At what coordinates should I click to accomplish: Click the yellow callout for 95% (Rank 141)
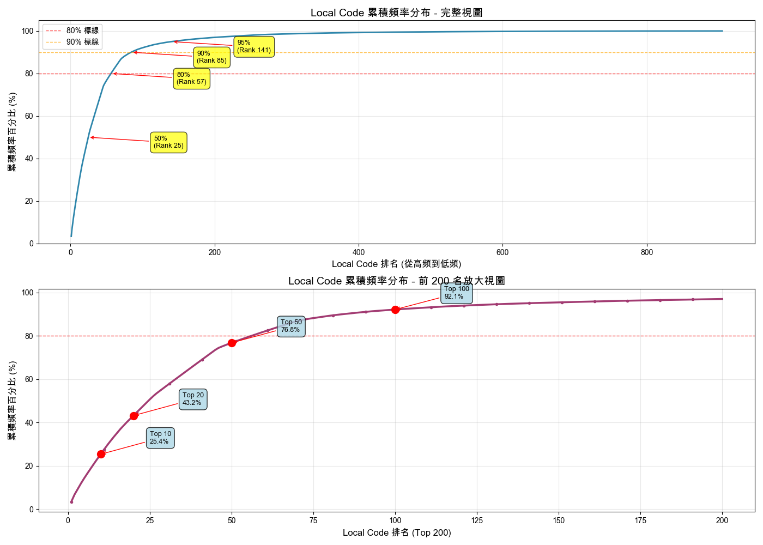pos(254,47)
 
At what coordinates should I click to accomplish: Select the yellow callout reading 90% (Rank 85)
pos(212,57)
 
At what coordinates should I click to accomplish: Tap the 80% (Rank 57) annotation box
pos(192,78)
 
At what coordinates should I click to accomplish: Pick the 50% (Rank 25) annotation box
pos(169,142)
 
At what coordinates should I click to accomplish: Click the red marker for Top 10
pos(101,454)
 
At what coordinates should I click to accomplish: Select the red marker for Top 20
pos(134,416)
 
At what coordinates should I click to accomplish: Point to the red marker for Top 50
pos(232,343)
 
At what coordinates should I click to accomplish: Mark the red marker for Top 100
pos(395,310)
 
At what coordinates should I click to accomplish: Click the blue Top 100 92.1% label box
pos(457,293)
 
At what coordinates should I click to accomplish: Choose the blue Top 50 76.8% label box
pos(291,326)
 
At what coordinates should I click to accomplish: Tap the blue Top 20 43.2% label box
pos(193,399)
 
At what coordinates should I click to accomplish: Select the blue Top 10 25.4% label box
pos(160,438)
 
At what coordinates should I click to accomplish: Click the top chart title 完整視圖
pos(396,13)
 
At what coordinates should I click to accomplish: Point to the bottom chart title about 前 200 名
pos(396,281)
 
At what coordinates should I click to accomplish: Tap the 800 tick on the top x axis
pos(647,253)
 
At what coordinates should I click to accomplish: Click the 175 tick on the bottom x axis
pos(640,521)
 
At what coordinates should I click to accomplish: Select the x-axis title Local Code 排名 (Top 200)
pos(396,533)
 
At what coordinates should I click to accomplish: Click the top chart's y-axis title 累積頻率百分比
pos(12,132)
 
